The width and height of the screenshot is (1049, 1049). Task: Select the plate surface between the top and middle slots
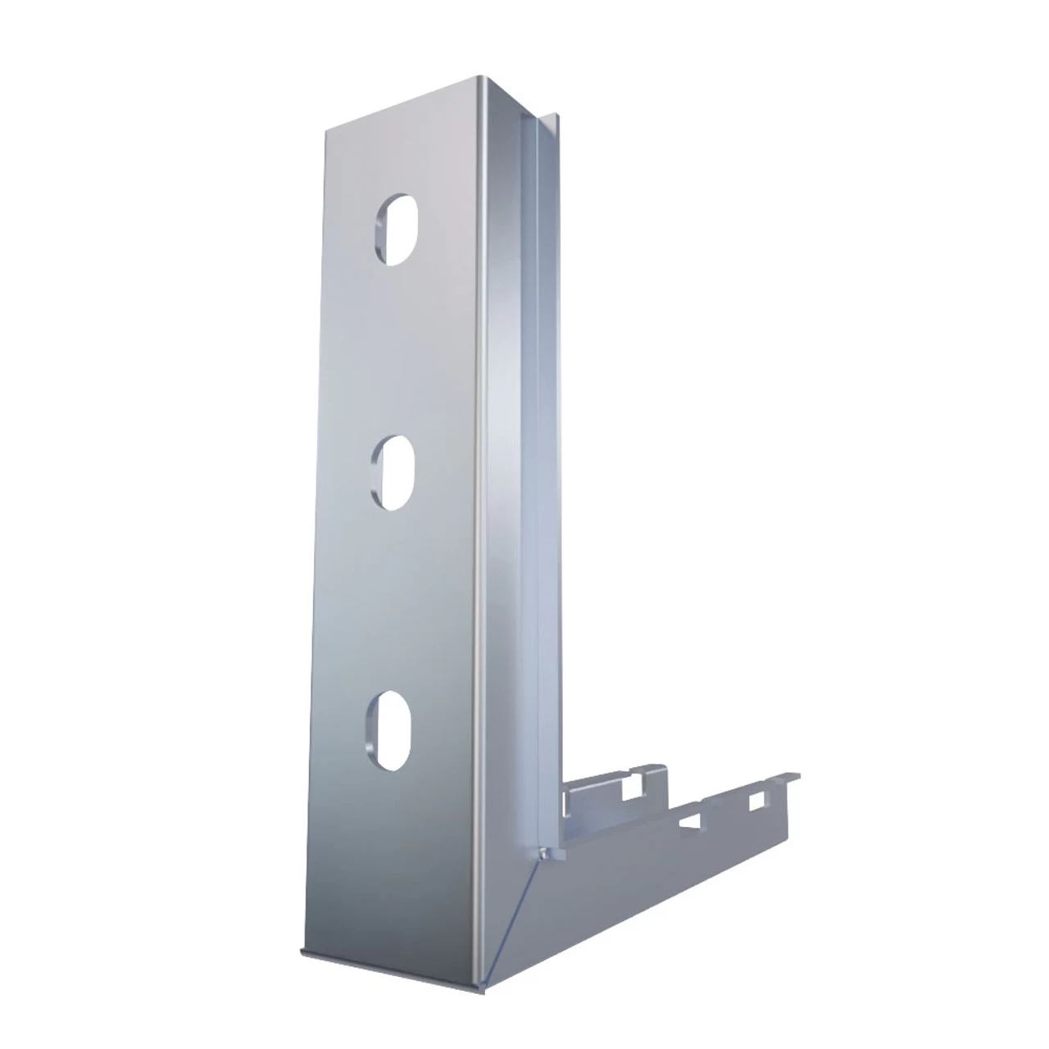click(x=397, y=352)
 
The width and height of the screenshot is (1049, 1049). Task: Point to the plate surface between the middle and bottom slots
click(x=392, y=602)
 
